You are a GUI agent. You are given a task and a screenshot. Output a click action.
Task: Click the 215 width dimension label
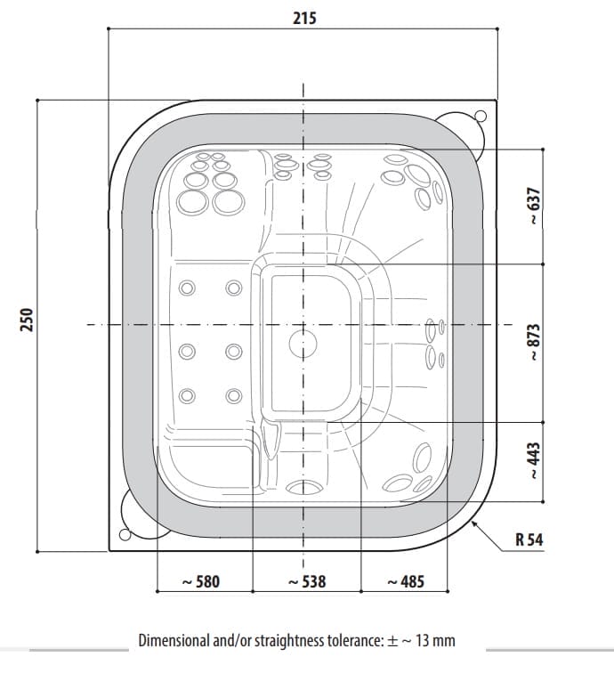pos(304,18)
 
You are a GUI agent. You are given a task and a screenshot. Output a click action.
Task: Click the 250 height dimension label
pos(27,320)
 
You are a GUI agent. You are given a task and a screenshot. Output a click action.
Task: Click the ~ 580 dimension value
pos(201,581)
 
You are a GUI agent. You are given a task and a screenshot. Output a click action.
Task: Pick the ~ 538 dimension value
pos(307,581)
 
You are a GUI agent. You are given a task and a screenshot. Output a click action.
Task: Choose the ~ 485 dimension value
pos(406,581)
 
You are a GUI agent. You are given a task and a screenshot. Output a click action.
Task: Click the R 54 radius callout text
pos(529,539)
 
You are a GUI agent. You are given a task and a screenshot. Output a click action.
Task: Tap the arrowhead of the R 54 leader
pos(473,523)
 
